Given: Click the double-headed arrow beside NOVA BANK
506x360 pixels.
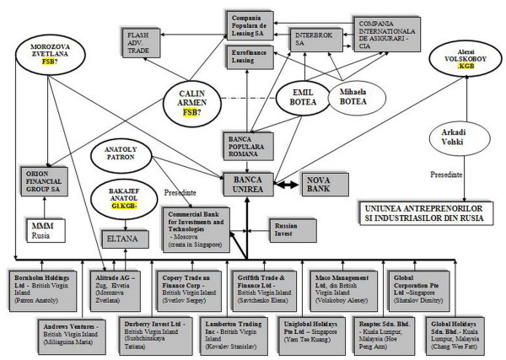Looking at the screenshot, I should pyautogui.click(x=288, y=183).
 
